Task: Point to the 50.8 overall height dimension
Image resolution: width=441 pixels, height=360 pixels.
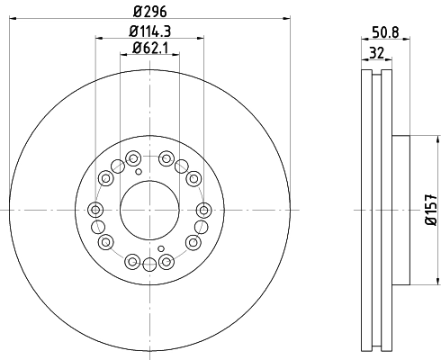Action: [386, 31]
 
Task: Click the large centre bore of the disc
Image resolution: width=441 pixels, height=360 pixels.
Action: [148, 209]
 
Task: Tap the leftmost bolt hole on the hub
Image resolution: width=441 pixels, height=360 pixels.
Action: [96, 209]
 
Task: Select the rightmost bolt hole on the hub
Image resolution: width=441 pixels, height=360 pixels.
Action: [202, 209]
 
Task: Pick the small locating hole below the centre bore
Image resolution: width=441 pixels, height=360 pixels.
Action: [160, 249]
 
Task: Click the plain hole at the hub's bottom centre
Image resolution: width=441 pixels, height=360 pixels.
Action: [148, 262]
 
